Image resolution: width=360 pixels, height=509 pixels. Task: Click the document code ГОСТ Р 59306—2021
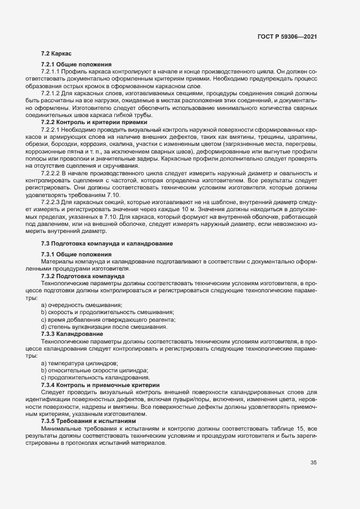[287, 36]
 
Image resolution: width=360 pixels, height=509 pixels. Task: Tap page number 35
[314, 463]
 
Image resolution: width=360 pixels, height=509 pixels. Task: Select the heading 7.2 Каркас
[53, 53]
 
